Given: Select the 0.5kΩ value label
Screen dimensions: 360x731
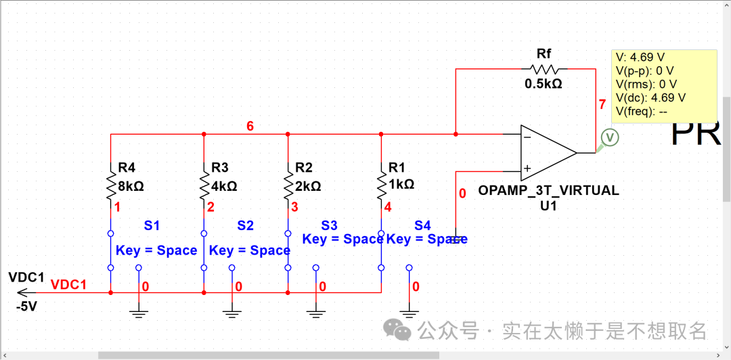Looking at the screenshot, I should [x=544, y=85].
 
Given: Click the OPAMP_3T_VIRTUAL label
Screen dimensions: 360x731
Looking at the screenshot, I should [x=548, y=191].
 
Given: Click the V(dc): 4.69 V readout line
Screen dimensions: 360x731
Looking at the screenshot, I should [x=650, y=97].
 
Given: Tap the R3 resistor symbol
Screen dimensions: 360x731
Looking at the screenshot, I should [x=204, y=184].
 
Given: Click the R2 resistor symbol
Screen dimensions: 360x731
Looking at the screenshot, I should [x=288, y=184].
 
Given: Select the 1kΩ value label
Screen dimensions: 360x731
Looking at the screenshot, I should [x=401, y=184].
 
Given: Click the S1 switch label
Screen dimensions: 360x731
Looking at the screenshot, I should [x=152, y=225].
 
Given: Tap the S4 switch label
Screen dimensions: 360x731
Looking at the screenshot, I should [x=422, y=225].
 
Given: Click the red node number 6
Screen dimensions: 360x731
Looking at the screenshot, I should [x=250, y=126].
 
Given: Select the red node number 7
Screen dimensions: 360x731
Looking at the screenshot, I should [x=602, y=104].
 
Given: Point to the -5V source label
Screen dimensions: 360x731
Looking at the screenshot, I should [x=26, y=306].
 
